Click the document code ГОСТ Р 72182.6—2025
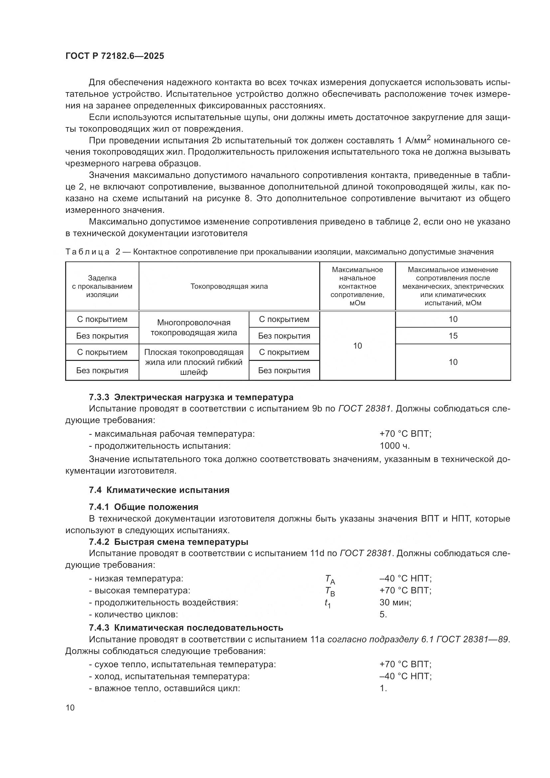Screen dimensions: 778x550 tap(114, 56)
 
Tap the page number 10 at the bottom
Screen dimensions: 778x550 tap(70, 707)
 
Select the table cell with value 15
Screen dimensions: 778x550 tap(453, 336)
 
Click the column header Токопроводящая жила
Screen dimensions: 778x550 tap(229, 286)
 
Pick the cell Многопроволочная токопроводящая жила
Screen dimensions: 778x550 tap(194, 328)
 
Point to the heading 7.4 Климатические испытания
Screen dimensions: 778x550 tap(159, 490)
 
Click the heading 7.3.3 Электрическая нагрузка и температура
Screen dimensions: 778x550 tap(191, 397)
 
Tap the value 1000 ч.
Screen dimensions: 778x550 tap(395, 446)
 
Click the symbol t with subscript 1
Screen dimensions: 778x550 tap(328, 603)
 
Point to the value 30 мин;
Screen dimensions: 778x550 tap(395, 602)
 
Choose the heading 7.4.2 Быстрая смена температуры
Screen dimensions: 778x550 tap(168, 542)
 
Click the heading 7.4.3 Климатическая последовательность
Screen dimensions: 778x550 tap(186, 628)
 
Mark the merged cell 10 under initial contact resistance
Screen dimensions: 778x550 tap(357, 346)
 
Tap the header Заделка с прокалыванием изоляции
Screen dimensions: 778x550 tap(102, 286)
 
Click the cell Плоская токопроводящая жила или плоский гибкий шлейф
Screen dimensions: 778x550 tap(194, 362)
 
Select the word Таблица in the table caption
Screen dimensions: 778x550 tap(88, 252)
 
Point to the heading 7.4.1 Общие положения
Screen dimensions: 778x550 tap(144, 507)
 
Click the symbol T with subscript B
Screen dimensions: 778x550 tap(330, 591)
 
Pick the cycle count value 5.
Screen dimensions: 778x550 tap(383, 614)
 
